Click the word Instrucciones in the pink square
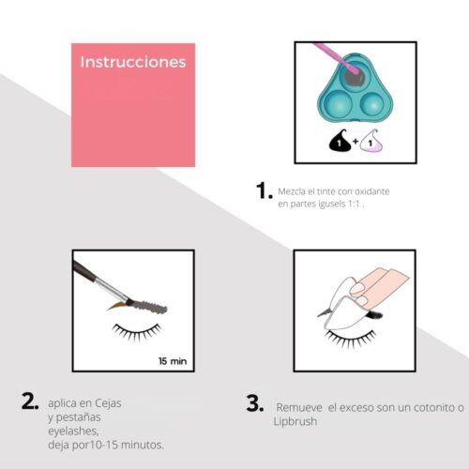133,62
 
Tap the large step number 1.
264,190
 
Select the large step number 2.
30,401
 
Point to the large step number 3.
255,403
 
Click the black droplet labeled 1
340,141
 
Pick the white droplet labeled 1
371,141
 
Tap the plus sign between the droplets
356,142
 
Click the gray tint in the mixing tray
355,77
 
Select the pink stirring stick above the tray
336,58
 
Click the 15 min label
173,361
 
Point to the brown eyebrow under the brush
117,306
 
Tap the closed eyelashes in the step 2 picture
137,332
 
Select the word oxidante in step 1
372,191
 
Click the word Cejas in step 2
108,403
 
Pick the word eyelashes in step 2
73,431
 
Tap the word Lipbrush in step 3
295,421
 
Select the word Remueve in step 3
299,408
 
